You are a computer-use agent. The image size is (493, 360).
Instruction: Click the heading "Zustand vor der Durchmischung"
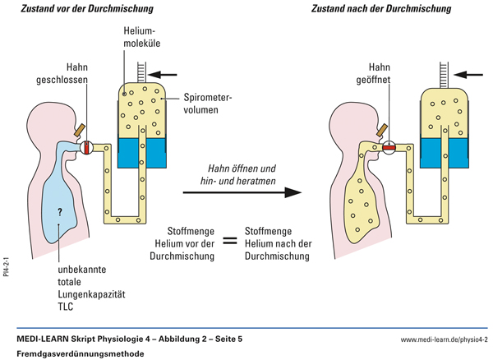tap(90, 9)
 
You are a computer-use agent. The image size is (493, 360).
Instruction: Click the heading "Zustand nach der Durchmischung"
tap(381, 9)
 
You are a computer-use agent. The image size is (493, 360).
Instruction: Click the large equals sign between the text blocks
tap(231, 242)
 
